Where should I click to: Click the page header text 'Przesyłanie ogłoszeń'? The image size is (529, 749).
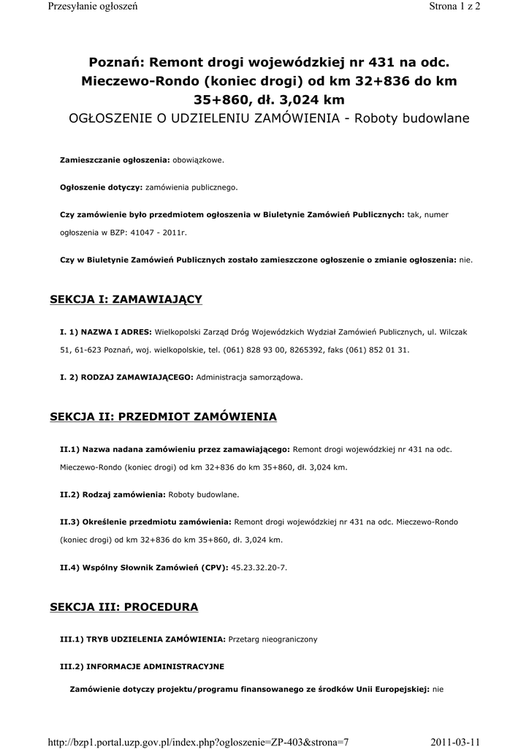pos(92,7)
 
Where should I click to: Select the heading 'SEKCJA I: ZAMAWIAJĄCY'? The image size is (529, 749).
pos(126,299)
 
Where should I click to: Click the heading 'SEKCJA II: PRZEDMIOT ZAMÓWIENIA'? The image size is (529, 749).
pos(163,417)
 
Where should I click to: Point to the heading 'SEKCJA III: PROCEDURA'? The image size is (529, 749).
pos(123,607)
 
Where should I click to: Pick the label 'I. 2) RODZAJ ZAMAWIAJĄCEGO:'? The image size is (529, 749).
pos(126,377)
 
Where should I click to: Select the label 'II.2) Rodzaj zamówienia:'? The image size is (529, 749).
pos(113,494)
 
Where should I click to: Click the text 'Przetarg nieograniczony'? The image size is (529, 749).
pos(273,639)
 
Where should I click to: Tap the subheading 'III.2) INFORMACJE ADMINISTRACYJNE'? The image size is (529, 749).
pos(142,666)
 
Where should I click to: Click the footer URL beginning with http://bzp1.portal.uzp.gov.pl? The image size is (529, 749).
pos(198,742)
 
